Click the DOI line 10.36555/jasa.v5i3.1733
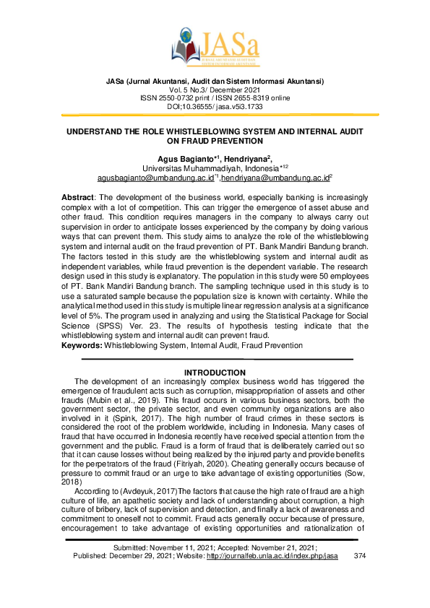pos(215,106)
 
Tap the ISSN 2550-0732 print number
pos(175,97)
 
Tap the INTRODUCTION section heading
pos(215,373)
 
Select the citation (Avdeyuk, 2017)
pos(139,490)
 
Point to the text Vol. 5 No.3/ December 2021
pos(215,89)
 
